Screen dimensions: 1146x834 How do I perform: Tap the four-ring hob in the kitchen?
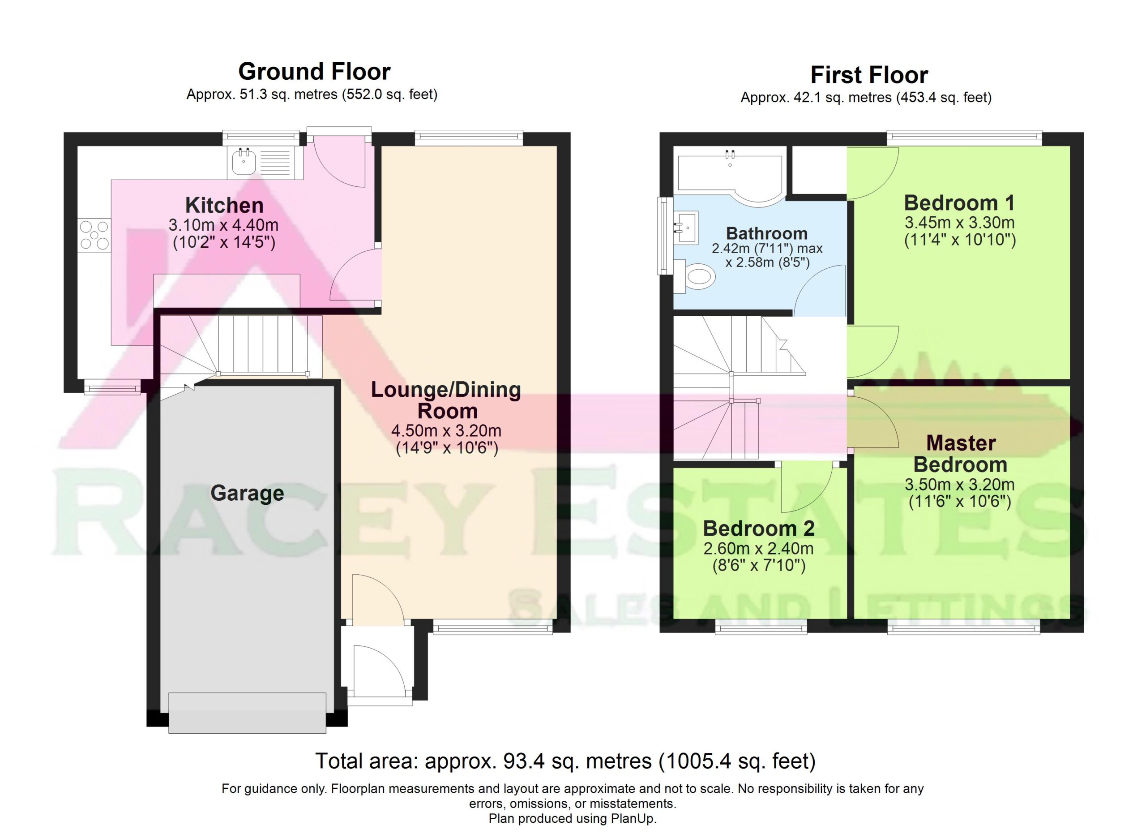point(94,235)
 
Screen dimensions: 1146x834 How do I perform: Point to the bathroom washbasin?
point(686,227)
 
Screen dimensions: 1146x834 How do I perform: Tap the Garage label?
point(247,493)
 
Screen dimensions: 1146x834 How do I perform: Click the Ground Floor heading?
point(314,72)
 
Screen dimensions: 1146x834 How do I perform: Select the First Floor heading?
point(869,75)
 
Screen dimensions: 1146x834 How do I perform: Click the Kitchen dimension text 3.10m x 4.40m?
point(223,224)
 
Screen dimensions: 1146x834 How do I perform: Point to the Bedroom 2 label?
point(758,529)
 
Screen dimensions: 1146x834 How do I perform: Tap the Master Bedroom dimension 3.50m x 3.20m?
point(959,485)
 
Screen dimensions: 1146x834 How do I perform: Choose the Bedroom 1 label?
point(959,203)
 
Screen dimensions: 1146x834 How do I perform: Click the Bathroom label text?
point(766,233)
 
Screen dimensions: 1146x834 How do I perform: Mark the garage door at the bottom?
point(247,713)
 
